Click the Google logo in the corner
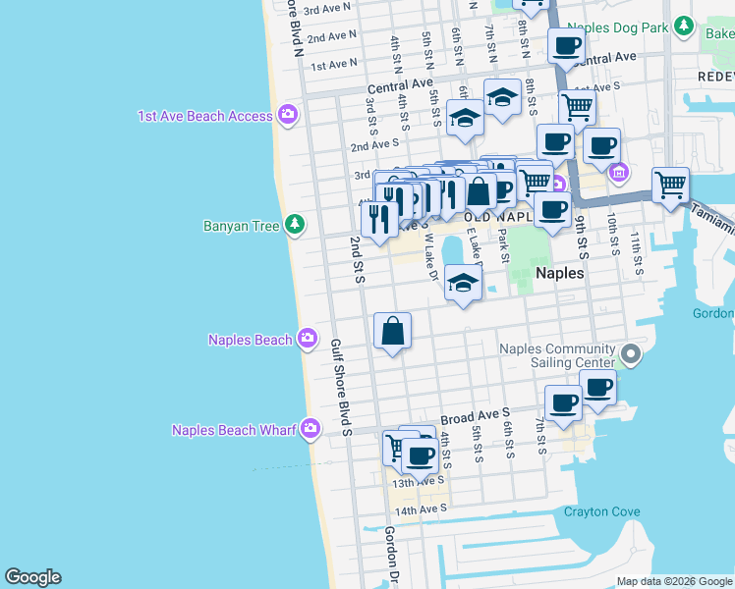(x=32, y=577)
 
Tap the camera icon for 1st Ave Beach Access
(x=288, y=116)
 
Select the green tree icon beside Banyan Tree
(x=294, y=226)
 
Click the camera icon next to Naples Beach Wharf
(x=311, y=428)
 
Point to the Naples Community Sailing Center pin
(x=630, y=353)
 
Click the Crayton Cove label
(x=601, y=511)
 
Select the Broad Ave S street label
(x=476, y=416)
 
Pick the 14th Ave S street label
(x=421, y=509)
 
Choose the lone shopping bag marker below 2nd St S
(x=392, y=332)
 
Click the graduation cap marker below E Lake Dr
(x=462, y=285)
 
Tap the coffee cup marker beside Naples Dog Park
(x=566, y=45)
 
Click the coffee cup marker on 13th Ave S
(x=420, y=455)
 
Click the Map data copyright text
(x=674, y=581)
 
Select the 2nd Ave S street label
(x=373, y=146)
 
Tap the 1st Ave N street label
(x=334, y=66)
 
